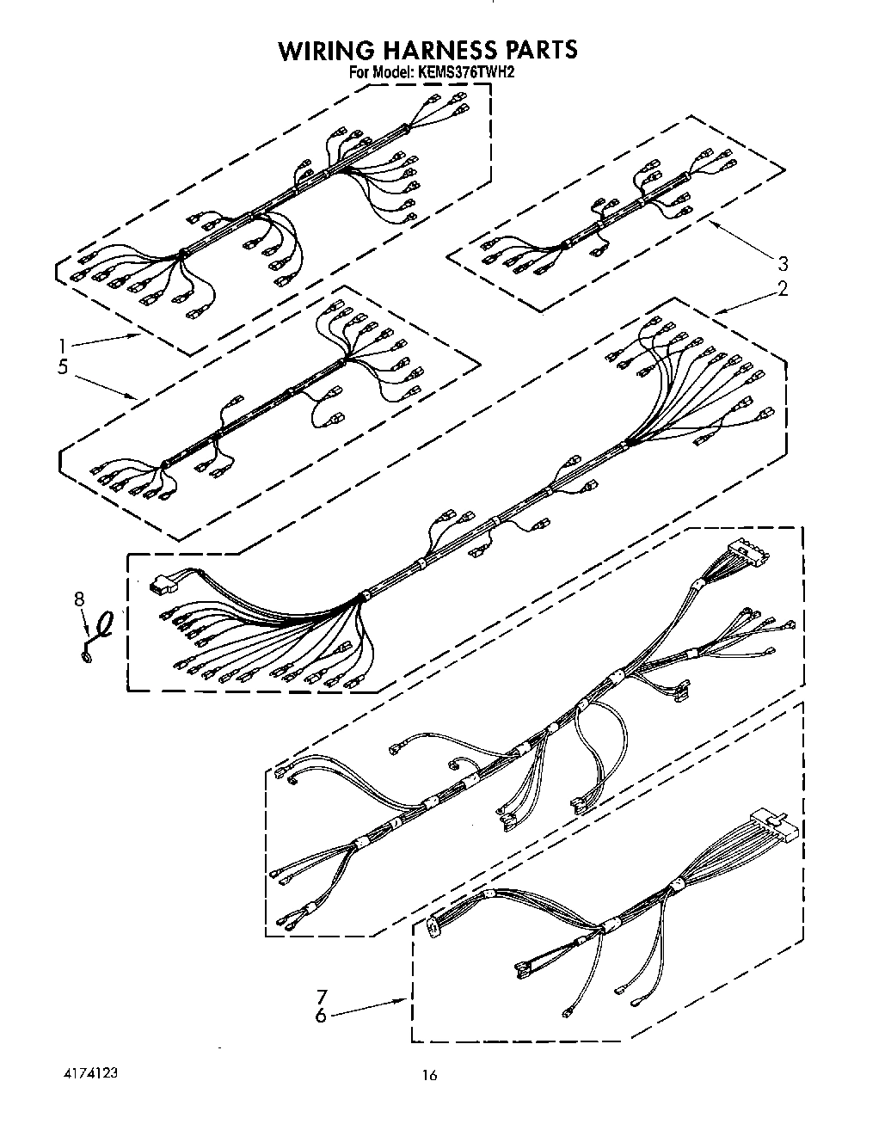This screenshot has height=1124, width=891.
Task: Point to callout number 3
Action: pyautogui.click(x=783, y=263)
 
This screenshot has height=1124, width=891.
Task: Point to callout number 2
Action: pyautogui.click(x=783, y=288)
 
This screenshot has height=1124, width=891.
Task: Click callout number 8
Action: pyautogui.click(x=79, y=599)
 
